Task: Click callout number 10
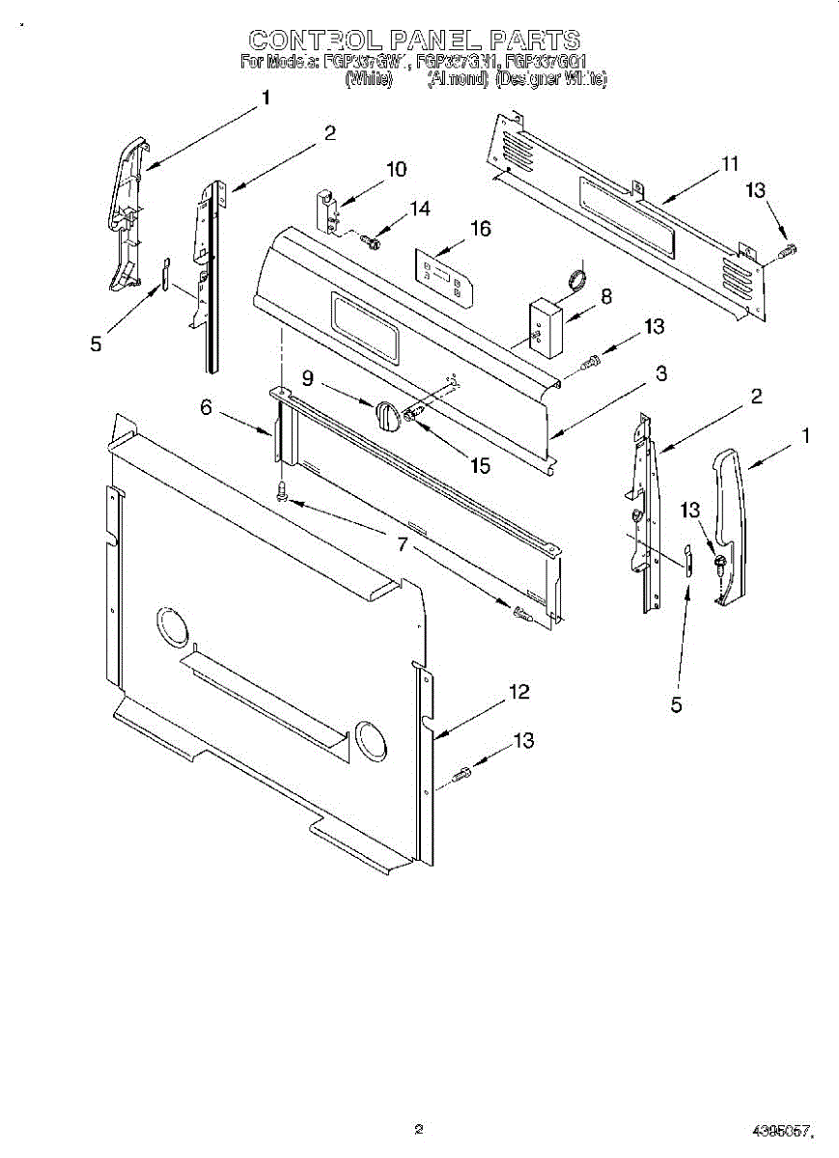coord(396,170)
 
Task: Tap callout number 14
coord(419,207)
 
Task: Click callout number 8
coord(605,296)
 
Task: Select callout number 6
coord(206,408)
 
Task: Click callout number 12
coord(519,692)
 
